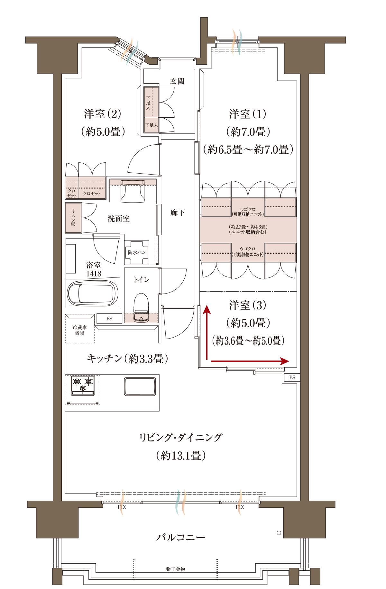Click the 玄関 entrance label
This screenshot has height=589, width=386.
177,81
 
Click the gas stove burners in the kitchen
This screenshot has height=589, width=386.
83,385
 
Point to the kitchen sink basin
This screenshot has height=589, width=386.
140,386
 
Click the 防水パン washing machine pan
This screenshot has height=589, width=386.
137,252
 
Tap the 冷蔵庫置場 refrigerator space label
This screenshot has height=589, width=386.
80,330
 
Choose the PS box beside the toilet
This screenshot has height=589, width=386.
109,318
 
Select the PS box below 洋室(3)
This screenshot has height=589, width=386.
292,377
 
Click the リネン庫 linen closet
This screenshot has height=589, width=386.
73,218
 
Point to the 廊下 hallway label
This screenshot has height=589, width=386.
178,213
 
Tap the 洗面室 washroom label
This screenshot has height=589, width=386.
119,219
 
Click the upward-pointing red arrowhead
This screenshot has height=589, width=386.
207,309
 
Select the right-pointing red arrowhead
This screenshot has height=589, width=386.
285,361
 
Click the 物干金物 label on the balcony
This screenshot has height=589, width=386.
176,569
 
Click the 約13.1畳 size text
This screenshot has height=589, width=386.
181,455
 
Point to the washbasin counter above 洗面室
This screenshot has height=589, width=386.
133,190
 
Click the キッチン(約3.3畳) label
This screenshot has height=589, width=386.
127,358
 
